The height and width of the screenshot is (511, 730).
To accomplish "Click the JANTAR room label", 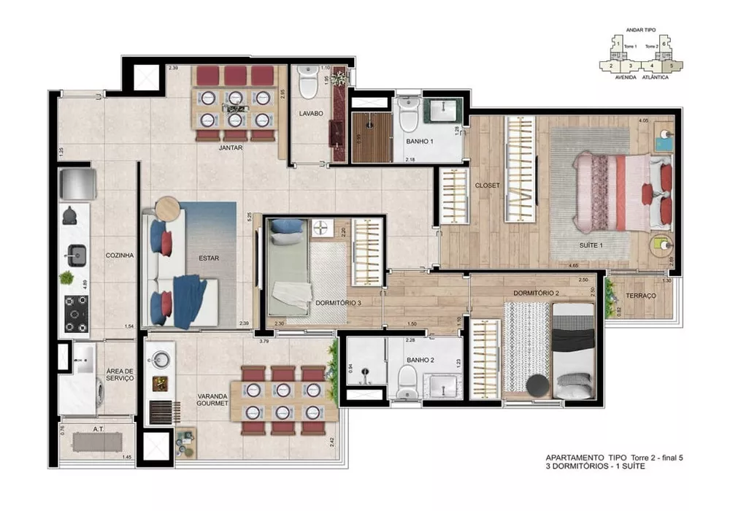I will (x=231, y=148).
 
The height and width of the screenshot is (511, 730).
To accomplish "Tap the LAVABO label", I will (x=310, y=114).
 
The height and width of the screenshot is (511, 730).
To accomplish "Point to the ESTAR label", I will (x=209, y=258).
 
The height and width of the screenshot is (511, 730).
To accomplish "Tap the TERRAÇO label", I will (x=640, y=296).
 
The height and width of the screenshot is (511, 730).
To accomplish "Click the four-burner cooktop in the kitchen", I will (x=76, y=312).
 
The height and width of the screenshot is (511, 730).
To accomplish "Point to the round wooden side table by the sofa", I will (x=166, y=207).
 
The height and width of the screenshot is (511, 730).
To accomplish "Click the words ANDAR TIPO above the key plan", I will (x=641, y=31).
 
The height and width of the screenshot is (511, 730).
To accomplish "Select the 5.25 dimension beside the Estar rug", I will (x=250, y=217).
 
